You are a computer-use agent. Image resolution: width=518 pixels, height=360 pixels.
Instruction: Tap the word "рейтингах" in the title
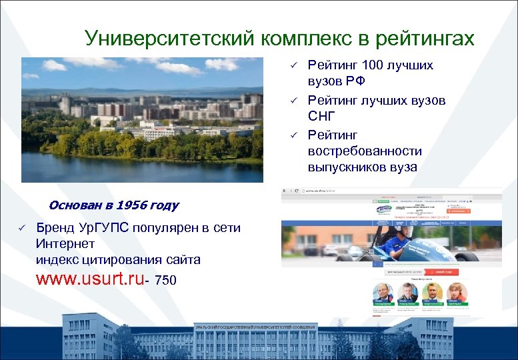point(425,39)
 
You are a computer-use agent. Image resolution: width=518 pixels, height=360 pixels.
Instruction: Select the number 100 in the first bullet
point(371,65)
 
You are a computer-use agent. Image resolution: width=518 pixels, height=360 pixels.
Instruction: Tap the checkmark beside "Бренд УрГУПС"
point(21,228)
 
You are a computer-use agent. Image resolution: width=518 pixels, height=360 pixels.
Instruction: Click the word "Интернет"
point(65,243)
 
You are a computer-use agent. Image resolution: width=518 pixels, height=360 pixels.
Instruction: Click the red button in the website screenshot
point(441,272)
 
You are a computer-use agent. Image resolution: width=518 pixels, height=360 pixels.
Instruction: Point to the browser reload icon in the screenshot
point(296,193)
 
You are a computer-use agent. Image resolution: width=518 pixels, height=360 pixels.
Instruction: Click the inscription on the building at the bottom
point(255,327)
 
